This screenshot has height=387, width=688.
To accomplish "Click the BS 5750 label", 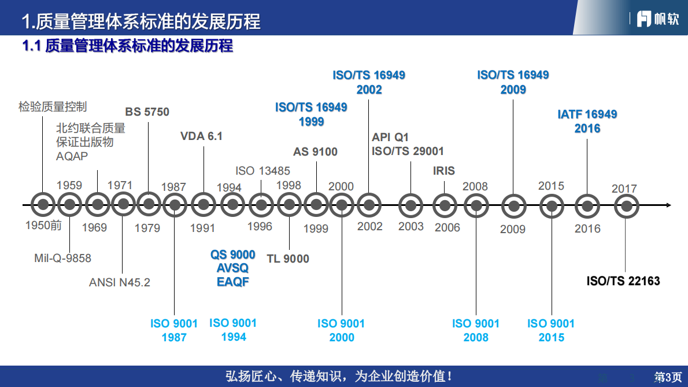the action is [147, 112].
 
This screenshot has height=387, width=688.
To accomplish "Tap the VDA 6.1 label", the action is [201, 137].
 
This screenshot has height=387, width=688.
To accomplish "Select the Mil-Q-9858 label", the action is [62, 258].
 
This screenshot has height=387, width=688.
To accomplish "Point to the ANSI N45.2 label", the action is [120, 282].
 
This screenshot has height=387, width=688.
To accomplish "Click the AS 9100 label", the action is [315, 152].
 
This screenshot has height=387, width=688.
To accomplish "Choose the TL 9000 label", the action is [288, 259].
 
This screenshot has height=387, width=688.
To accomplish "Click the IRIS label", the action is [444, 171].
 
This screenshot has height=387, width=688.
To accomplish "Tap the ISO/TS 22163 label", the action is [623, 281].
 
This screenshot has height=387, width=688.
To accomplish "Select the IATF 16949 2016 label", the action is [587, 121].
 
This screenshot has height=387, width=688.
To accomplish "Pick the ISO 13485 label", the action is [262, 171].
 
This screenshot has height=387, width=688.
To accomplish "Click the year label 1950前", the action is [43, 226].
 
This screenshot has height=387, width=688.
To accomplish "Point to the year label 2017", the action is [624, 189].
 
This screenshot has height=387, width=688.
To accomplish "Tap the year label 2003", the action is [411, 226].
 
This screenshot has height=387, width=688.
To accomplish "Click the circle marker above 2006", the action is [445, 205].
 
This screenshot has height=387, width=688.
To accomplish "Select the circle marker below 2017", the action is [626, 206].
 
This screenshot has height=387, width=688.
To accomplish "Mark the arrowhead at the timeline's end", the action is [668, 205].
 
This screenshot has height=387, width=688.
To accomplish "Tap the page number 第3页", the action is [667, 377].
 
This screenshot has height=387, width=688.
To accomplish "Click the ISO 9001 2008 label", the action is [476, 330].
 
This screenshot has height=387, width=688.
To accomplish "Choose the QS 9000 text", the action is [233, 255].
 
